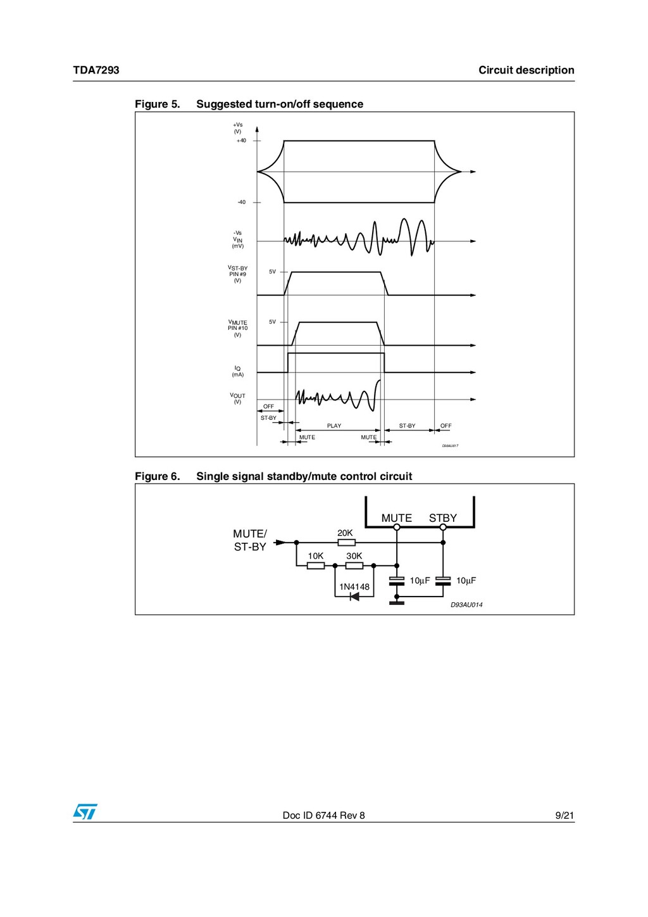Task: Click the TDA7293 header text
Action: [96, 70]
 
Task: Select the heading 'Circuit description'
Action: [526, 70]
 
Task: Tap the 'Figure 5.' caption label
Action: [157, 104]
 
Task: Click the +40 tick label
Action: [241, 141]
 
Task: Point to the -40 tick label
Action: [242, 203]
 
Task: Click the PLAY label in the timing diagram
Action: [334, 426]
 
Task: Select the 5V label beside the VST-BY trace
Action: [272, 272]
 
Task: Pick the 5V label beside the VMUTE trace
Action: [272, 322]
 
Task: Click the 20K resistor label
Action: [345, 533]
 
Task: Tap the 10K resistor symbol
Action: [316, 566]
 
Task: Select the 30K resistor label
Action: [354, 556]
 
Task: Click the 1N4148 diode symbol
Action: [354, 597]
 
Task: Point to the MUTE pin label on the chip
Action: [397, 518]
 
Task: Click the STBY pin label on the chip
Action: [443, 518]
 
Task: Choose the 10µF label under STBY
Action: [466, 581]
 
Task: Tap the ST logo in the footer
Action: [85, 812]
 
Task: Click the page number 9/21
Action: [564, 815]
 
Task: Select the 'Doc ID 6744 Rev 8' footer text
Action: [323, 815]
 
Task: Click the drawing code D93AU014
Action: [466, 605]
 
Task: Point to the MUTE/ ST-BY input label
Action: [250, 540]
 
